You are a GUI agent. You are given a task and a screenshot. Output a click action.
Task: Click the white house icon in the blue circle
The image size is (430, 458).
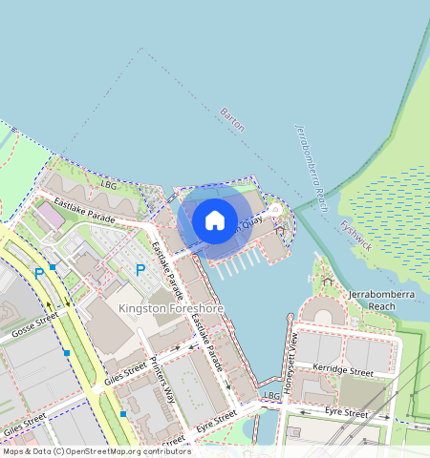coord(215,220)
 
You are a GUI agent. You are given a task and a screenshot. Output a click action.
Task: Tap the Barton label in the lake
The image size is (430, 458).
coord(232,119)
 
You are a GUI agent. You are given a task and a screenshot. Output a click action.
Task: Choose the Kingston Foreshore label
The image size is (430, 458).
coord(170,309)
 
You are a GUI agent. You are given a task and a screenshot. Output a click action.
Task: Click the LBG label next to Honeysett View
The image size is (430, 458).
coord(271,394)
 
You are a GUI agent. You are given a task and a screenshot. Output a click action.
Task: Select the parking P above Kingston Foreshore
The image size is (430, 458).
coord(140,271)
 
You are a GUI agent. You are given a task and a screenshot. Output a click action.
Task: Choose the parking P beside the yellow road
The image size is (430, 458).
coord(39,274)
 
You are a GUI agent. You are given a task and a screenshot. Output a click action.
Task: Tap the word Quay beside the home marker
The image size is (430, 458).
coord(250,222)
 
